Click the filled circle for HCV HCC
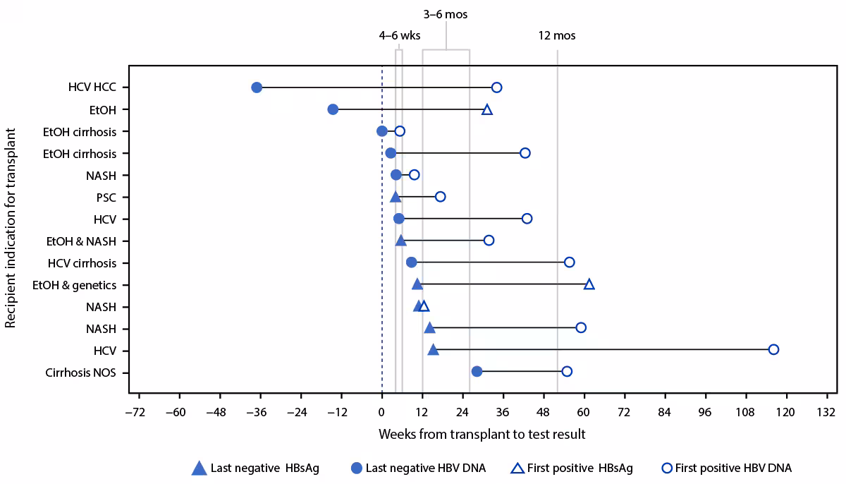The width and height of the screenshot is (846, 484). tap(257, 87)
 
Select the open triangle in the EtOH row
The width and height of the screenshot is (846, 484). tap(487, 109)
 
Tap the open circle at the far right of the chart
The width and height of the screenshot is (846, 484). tap(773, 349)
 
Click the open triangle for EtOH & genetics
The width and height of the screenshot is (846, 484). tap(589, 284)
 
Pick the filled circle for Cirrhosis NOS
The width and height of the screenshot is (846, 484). tap(477, 371)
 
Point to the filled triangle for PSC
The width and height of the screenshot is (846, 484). tap(396, 197)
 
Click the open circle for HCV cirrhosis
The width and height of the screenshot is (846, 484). tap(570, 262)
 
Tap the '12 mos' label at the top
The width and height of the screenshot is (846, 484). tap(557, 36)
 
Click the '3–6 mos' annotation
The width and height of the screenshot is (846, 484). tap(446, 14)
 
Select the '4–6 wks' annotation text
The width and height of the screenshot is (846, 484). tap(400, 36)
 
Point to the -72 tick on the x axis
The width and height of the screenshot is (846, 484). tap(138, 412)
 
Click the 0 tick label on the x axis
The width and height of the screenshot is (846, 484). tap(382, 412)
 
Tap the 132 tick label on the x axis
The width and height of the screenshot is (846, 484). tap(826, 412)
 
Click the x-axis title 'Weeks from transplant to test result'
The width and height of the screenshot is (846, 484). tap(482, 434)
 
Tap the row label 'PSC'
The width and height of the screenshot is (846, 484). tap(106, 198)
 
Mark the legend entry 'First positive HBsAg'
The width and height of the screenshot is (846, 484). tap(571, 468)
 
